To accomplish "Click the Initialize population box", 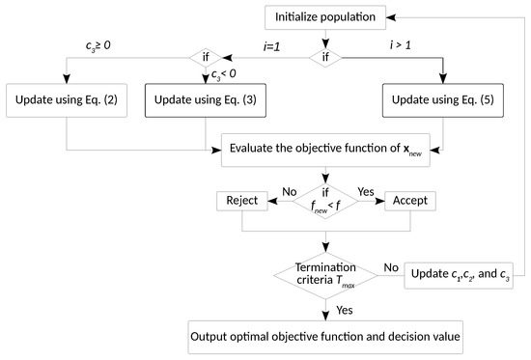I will [327, 17].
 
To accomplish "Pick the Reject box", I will [240, 200].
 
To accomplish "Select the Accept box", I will [410, 200].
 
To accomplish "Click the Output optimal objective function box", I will [325, 339].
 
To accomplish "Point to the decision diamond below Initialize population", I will [326, 57].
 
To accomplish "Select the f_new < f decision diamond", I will [326, 200].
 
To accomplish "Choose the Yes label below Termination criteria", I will [344, 311].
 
